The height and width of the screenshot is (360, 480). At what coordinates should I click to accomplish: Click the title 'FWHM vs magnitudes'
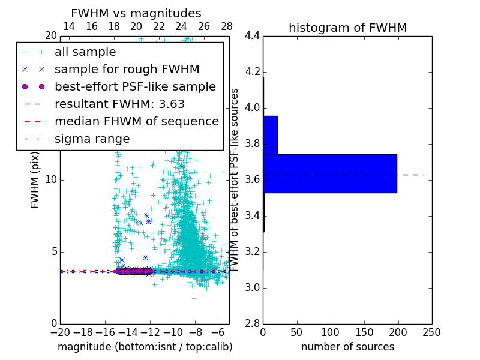click(x=136, y=14)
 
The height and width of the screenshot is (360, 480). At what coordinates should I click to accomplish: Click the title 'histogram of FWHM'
click(x=347, y=28)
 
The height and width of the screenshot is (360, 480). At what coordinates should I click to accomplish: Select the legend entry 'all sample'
click(x=85, y=52)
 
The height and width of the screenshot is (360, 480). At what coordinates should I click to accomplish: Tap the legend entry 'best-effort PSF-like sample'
click(x=135, y=87)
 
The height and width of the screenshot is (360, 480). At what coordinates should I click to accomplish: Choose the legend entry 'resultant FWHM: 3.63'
click(x=119, y=104)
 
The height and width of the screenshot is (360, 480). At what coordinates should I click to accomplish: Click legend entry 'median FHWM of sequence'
click(x=136, y=122)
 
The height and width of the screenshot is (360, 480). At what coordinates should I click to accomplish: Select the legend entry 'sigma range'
click(x=92, y=139)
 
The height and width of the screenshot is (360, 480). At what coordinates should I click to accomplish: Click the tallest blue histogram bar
click(x=329, y=173)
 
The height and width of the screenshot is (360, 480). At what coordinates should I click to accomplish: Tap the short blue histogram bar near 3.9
click(x=270, y=135)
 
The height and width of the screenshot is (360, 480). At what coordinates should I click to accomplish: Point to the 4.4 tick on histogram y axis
click(x=253, y=36)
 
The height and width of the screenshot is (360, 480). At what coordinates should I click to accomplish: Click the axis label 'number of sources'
click(x=347, y=347)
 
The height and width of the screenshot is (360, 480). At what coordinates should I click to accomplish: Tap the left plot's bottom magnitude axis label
click(x=145, y=347)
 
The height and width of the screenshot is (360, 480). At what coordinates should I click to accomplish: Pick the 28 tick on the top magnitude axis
click(x=227, y=26)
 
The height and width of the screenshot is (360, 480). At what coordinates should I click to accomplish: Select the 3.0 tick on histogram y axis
click(x=253, y=288)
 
